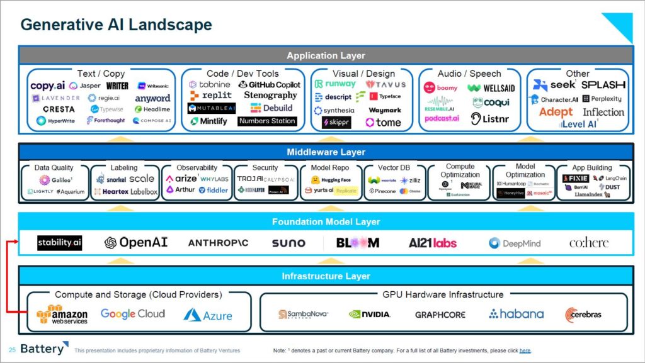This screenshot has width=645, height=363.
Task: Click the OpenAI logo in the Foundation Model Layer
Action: pos(136,243)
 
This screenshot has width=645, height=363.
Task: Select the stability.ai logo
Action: pos(59,243)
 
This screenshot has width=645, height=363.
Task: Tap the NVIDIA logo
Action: pos(369,314)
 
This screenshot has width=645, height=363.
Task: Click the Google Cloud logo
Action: pos(132,314)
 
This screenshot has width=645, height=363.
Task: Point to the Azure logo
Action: pos(208,315)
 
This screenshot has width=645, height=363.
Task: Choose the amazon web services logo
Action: pos(62,315)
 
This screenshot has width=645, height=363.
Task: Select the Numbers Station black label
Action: pos(267,121)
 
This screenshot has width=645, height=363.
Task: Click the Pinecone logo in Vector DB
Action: pos(382,191)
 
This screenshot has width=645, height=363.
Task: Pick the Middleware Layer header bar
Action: pos(326,152)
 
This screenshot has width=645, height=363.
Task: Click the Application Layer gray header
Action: pos(326,55)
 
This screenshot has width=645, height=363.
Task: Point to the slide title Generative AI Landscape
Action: pos(116,25)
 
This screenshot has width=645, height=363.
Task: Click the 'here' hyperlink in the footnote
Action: pos(525,350)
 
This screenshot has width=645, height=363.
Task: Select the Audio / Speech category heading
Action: pos(469,74)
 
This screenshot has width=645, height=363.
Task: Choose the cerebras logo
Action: pos(583,314)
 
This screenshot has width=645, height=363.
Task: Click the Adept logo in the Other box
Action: pos(556,112)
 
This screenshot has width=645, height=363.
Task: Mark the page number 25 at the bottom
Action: pos(12,350)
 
